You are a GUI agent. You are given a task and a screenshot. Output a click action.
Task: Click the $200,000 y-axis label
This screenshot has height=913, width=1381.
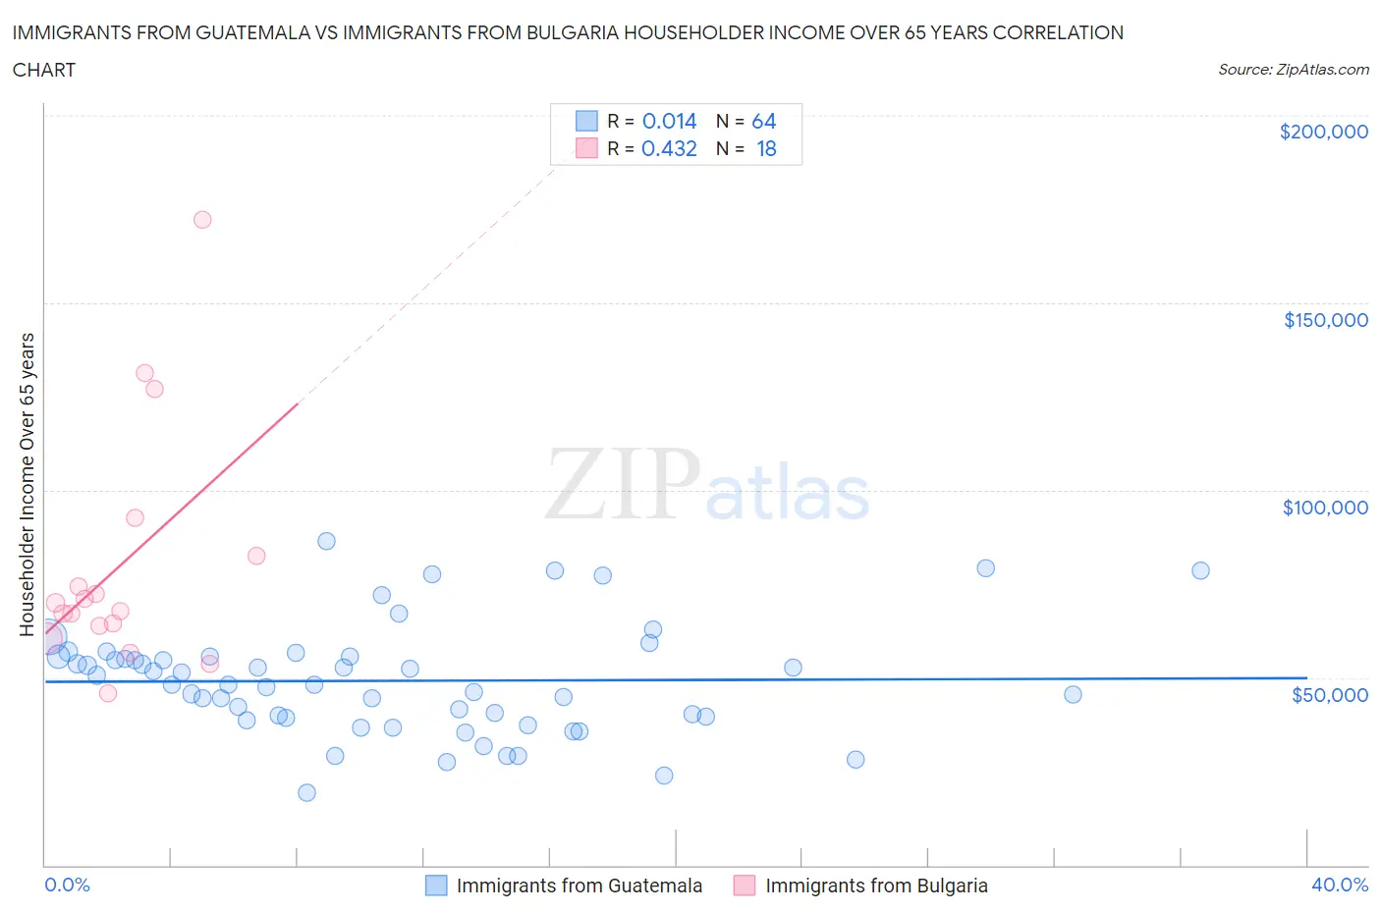point(1323,132)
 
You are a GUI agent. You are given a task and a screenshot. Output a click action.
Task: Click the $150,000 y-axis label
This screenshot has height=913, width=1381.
point(1325,320)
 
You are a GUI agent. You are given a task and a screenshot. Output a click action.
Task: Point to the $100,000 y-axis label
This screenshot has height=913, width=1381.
point(1325,508)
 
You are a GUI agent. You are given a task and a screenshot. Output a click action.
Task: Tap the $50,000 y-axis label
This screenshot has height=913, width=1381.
point(1329,695)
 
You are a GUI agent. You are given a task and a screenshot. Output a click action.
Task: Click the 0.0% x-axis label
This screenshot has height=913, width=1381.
point(67,885)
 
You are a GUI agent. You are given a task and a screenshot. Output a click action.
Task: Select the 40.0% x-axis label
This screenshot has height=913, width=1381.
point(1339,885)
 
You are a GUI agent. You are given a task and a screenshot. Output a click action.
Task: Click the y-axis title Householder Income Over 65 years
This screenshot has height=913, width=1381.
point(27,484)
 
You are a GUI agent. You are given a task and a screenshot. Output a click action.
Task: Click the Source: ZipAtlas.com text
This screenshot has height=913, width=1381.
point(1293,70)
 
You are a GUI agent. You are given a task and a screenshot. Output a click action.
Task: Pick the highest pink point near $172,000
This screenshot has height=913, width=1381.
point(202,220)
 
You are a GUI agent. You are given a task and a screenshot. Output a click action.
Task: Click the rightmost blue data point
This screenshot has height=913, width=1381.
point(1200,570)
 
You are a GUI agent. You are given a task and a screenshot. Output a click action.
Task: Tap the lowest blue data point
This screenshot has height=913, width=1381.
point(306,792)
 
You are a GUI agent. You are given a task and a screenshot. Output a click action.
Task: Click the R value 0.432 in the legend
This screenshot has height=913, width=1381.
point(669,149)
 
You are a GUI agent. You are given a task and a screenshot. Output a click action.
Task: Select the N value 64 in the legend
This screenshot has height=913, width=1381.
point(763,122)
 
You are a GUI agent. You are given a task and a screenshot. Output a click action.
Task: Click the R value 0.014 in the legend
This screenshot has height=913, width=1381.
point(669,122)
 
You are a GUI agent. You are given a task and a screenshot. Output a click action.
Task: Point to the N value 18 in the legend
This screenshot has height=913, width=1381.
point(766,149)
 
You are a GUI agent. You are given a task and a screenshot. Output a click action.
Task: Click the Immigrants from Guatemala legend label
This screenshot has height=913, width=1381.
point(579,886)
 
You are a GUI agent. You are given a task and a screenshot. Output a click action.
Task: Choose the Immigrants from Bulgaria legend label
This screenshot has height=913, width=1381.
point(876,886)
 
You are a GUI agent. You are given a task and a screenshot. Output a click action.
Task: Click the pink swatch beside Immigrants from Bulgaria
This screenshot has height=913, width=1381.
point(744,886)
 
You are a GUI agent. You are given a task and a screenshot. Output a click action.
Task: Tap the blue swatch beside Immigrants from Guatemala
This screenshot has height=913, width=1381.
point(436,886)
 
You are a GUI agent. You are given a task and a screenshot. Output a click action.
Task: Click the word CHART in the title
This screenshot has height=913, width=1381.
point(44,70)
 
